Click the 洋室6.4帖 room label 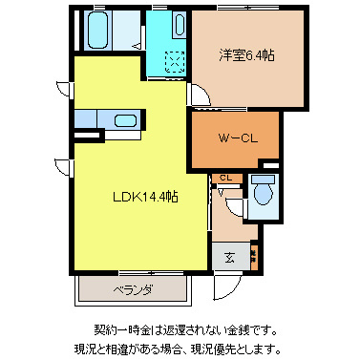pos(247,56)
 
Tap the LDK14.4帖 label pos(142,198)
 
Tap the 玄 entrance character pos(230,256)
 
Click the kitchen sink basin pos(123,120)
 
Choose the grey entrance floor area pos(230,256)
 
